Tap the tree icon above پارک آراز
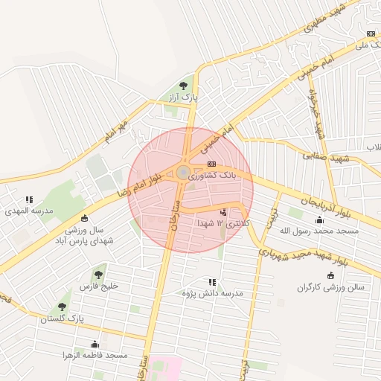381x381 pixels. pos(184,85)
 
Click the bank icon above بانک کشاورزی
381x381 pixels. pos(212,164)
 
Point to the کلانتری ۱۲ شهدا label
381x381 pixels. pos(224,223)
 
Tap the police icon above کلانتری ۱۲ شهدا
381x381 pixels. pos(224,212)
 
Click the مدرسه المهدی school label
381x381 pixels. pos(30,211)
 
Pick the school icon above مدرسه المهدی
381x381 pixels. pos(30,199)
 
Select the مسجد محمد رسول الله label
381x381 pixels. pos(318,231)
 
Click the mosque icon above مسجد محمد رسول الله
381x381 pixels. pos(320,219)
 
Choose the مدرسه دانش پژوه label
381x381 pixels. pos(211,293)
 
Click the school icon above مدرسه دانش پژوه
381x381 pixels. pos(213,282)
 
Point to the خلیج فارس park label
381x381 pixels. pos(99,286)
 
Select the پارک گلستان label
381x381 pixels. pos(62,318)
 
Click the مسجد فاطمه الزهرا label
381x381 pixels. pos(95,356)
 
